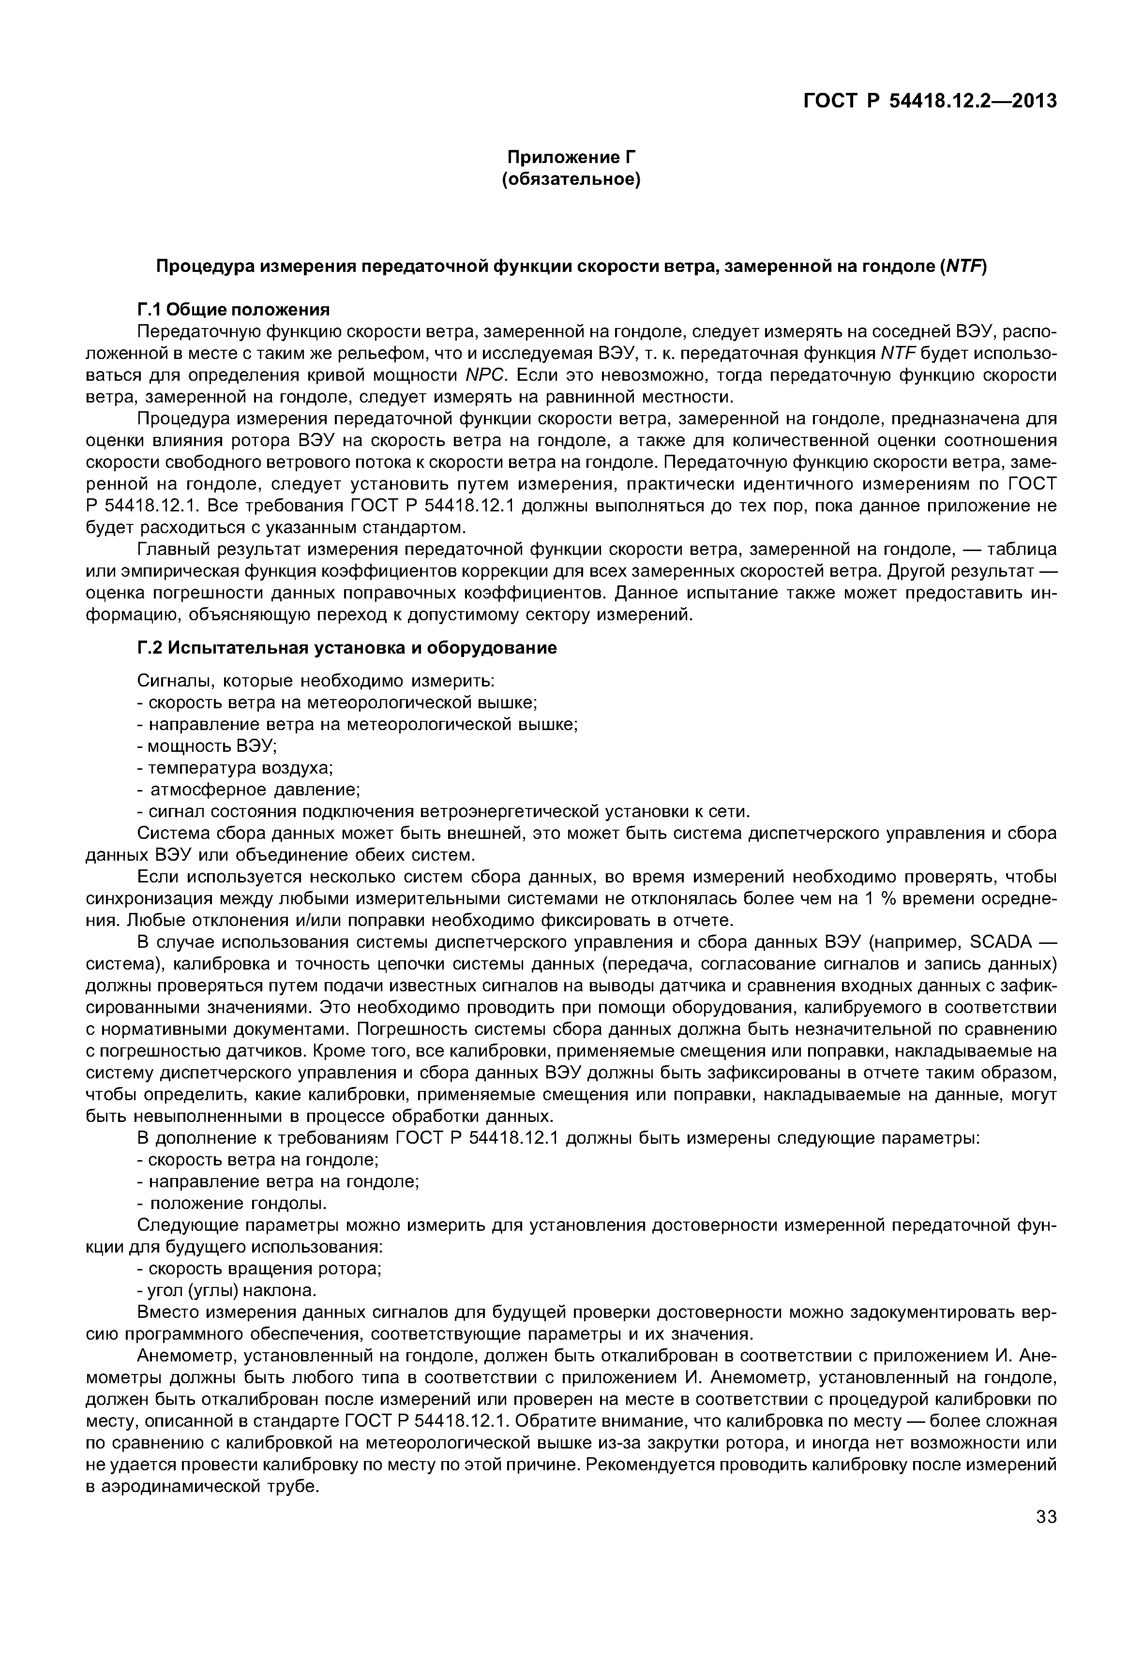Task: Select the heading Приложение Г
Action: pos(571,157)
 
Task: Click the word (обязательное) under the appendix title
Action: pos(571,179)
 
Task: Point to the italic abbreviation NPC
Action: pos(486,375)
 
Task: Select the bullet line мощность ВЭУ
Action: pos(208,746)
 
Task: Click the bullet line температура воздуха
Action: pos(236,768)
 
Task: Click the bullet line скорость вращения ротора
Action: pos(260,1269)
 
